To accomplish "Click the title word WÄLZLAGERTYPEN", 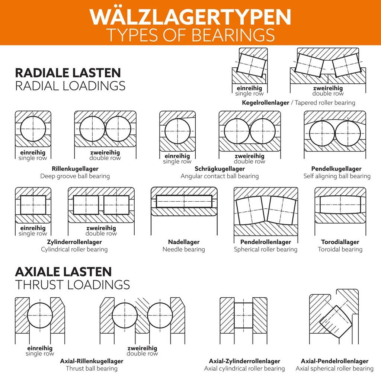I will (190, 17).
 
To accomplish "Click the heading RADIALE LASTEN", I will (68, 73).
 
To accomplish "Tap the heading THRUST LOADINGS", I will (73, 285).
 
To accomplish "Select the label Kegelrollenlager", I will (265, 103).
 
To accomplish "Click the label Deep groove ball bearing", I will (75, 176).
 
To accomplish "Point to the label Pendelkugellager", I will (336, 169).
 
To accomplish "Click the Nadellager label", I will (183, 242).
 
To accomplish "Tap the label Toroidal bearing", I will (340, 249).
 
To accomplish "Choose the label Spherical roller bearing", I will (265, 249).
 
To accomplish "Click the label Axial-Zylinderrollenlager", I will (244, 361).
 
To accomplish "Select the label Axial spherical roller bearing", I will (334, 368).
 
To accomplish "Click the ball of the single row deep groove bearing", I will (33, 129).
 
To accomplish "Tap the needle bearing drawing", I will (184, 201).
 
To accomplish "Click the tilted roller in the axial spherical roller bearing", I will (335, 321).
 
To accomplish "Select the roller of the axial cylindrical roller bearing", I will (243, 315).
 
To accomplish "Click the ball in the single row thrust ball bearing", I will (40, 315).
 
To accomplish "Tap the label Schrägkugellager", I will (220, 169).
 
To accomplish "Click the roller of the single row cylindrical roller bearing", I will (33, 204).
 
